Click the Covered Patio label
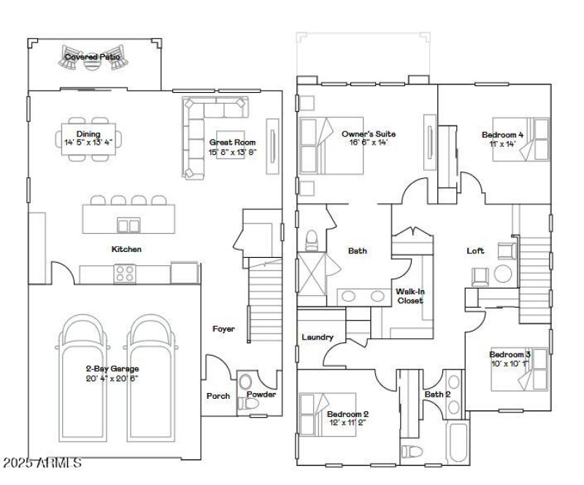point(92,56)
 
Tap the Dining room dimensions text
point(88,142)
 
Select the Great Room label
point(232,142)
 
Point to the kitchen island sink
point(129,225)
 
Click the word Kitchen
point(126,250)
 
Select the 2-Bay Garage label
point(112,369)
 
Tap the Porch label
point(218,396)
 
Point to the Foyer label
point(223,329)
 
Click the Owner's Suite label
point(369,134)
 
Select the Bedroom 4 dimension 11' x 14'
point(502,144)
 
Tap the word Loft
point(475,251)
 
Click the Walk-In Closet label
point(410,296)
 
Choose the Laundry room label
point(318,337)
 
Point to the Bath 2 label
point(437,395)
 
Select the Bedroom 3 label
point(509,354)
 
